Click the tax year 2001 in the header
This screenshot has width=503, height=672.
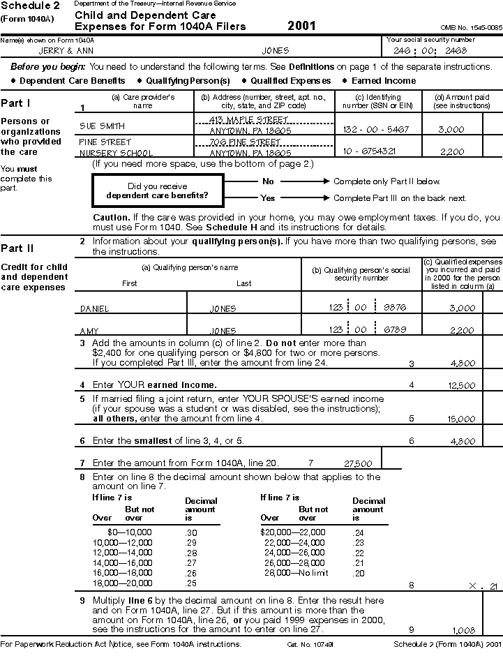tap(301, 26)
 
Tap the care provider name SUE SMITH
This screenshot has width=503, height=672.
tap(103, 126)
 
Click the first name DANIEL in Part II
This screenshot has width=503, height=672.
tap(95, 308)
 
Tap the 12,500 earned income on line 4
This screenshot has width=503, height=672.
tap(462, 385)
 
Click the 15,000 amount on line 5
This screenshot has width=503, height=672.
tap(461, 419)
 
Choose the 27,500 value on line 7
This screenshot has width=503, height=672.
tap(359, 463)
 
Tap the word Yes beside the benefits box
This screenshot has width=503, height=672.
tap(268, 197)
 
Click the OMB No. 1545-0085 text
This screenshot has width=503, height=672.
tap(471, 27)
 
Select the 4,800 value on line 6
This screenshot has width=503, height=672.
tap(463, 441)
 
